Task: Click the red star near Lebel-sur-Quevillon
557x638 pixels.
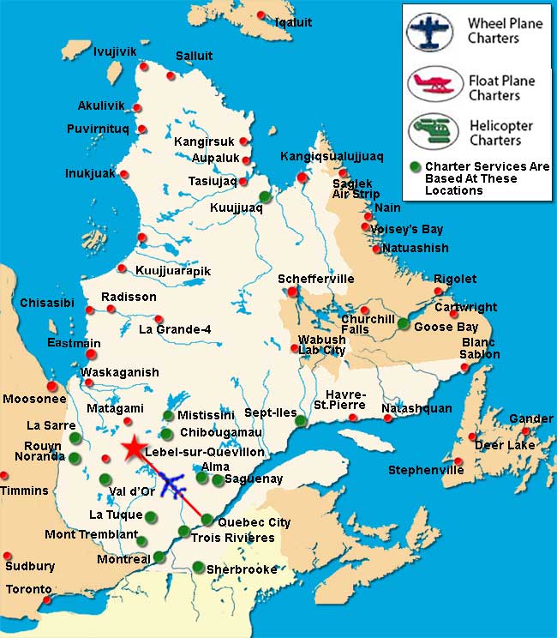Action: point(134,448)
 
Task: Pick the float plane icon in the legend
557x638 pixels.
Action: point(434,84)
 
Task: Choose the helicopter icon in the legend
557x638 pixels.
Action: point(434,131)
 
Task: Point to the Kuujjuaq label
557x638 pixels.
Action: point(236,208)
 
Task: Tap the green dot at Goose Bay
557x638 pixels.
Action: point(404,323)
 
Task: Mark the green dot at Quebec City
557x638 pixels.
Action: point(207,518)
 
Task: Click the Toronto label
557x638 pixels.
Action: point(29,590)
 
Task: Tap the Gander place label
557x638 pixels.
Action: point(531,418)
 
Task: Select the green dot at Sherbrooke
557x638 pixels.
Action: point(199,566)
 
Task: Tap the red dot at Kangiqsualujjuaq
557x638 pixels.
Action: point(302,178)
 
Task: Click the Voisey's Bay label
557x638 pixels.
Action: point(406,229)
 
